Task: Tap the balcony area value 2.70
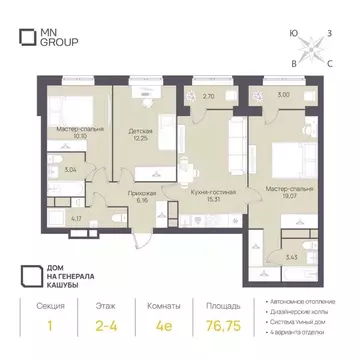click(208, 96)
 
